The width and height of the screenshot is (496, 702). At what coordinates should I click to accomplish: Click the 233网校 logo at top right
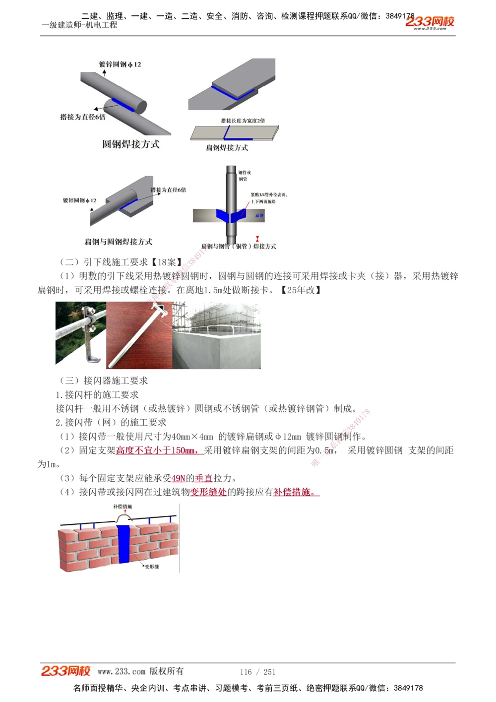coord(430,22)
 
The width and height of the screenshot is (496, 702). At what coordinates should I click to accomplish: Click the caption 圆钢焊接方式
coord(131,144)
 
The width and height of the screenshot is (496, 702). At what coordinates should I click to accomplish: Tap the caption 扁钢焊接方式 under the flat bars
coord(227,148)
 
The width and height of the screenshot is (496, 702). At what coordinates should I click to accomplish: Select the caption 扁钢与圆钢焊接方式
coord(119,242)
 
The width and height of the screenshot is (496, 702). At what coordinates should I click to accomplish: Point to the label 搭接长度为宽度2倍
coord(243,121)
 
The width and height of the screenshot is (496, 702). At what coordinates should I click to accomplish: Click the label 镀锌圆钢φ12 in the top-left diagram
coord(120,64)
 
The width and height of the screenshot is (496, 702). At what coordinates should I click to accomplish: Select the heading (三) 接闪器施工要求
coord(104,381)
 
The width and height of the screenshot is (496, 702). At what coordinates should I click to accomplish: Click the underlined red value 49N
coord(178,478)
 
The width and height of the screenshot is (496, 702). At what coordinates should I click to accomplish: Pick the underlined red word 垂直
coord(204,478)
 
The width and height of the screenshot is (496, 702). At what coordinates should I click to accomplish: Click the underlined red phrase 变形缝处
coord(209,492)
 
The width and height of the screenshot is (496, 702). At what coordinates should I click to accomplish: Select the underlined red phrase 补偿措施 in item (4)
coord(296,492)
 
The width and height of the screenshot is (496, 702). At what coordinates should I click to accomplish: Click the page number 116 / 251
coord(257,672)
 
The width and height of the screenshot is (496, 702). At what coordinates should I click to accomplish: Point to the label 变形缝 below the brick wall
coord(152,567)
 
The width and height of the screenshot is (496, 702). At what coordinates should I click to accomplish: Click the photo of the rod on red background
coord(139,335)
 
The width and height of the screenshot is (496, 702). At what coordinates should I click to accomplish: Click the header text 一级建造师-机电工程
coord(79,25)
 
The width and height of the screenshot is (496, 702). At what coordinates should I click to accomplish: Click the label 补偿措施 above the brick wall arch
coord(123,507)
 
